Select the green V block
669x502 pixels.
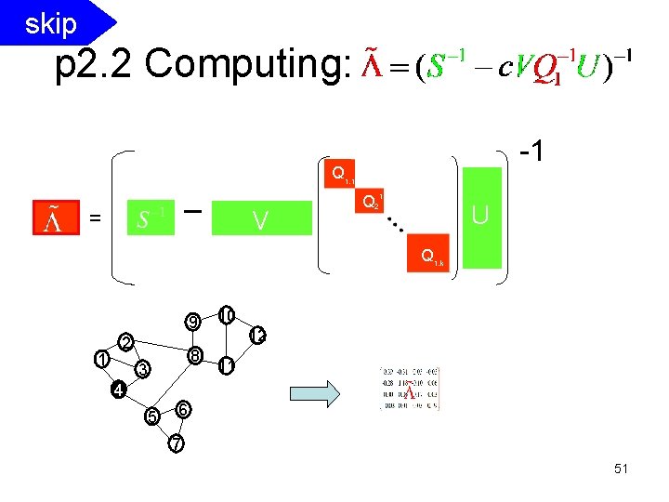260,220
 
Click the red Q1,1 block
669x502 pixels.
340,174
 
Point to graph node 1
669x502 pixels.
101,358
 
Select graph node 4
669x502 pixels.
118,390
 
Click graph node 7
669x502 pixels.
177,443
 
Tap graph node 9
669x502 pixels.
192,322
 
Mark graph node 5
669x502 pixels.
151,416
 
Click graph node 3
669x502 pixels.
142,370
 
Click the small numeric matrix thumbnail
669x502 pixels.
410,390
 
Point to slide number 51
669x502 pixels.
621,469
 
